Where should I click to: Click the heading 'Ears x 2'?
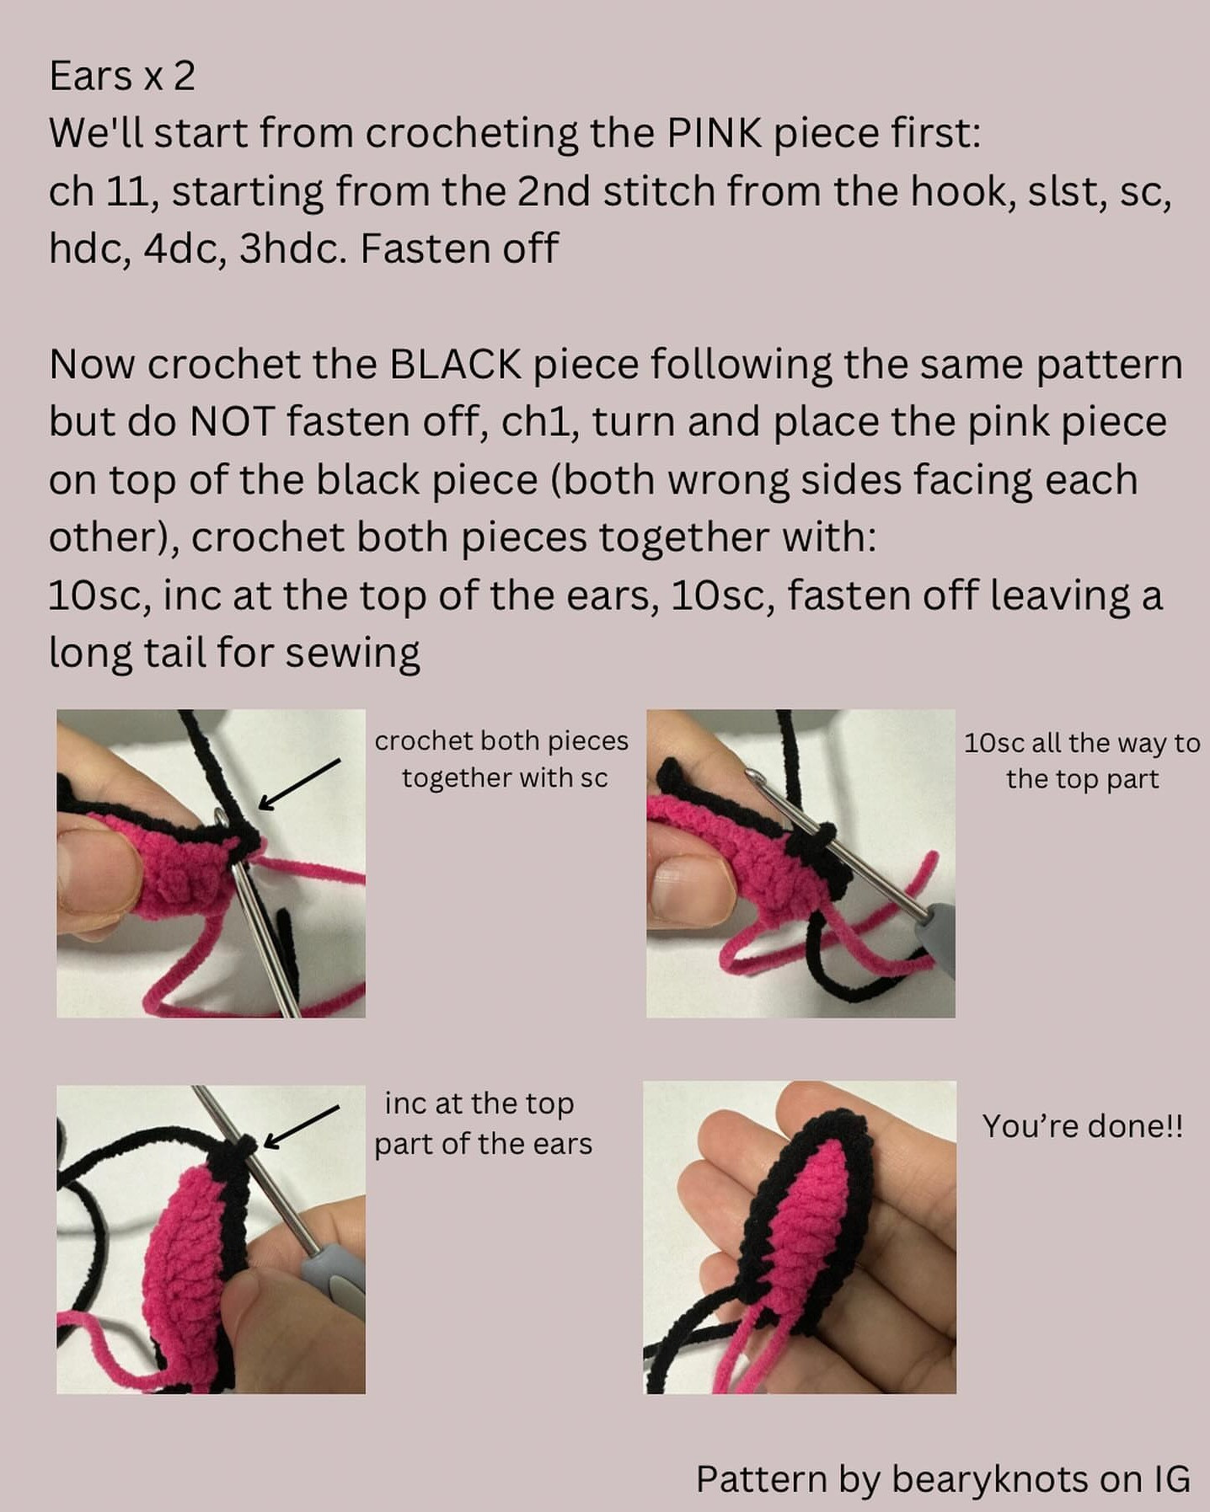click(122, 77)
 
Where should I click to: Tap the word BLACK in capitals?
click(455, 365)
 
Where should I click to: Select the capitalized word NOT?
click(233, 422)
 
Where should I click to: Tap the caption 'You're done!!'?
click(1082, 1126)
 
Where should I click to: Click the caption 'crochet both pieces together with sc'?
click(502, 759)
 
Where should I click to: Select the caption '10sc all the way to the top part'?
click(1082, 761)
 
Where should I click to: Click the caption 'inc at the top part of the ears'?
click(483, 1124)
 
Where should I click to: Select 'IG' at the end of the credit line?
click(1170, 1479)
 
